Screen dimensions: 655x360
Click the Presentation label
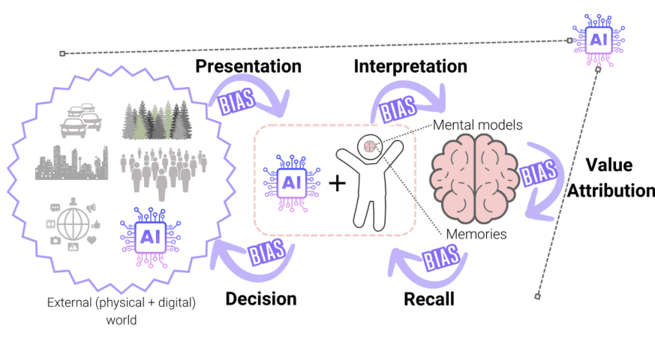(x=248, y=67)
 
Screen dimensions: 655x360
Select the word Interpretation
(x=410, y=67)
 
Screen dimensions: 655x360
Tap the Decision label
(x=261, y=299)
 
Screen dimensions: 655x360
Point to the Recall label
(x=429, y=299)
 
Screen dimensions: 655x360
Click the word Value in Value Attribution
(x=609, y=165)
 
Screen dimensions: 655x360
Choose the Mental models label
(x=477, y=124)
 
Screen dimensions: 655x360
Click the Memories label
(x=476, y=234)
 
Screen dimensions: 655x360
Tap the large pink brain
(x=475, y=178)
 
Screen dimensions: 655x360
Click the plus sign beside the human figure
(x=337, y=183)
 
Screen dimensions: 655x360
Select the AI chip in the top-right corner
(x=599, y=40)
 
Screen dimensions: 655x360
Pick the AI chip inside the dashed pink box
(x=292, y=183)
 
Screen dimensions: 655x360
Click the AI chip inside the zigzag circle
(x=150, y=237)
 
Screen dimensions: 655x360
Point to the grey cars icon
(x=81, y=120)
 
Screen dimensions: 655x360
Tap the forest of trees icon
(x=157, y=119)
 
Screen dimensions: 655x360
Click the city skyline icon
(x=71, y=163)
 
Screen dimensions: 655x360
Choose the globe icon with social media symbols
(x=74, y=224)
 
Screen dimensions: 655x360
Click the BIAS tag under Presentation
(x=237, y=101)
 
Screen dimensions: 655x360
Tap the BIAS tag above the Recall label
(x=441, y=256)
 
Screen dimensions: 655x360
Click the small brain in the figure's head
(x=370, y=146)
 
